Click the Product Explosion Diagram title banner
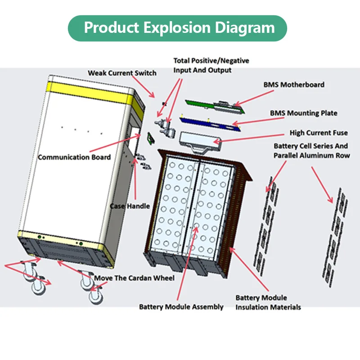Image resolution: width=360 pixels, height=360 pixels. click(177, 28)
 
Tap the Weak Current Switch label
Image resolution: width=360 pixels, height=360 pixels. click(122, 73)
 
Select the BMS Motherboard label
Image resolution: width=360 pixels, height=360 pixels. click(294, 85)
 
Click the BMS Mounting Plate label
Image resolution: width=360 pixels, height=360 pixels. click(303, 113)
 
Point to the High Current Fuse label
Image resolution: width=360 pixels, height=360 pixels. click(319, 133)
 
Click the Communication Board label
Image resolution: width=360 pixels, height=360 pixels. click(74, 157)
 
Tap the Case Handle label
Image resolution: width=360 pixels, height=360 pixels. click(130, 206)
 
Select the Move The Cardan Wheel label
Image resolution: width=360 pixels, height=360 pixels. click(134, 278)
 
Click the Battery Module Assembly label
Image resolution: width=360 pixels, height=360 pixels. click(181, 307)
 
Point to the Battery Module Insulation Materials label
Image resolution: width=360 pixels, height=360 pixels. click(268, 302)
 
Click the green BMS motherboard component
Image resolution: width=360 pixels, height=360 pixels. click(215, 107)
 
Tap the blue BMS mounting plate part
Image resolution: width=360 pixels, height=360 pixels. click(210, 124)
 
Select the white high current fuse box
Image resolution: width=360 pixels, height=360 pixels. click(200, 141)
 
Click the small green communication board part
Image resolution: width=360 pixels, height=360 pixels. click(151, 139)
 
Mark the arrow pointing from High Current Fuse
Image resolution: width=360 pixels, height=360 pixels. click(249, 138)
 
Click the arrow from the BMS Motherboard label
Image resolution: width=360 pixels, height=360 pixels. click(254, 98)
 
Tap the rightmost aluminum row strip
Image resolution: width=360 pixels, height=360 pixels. click(335, 238)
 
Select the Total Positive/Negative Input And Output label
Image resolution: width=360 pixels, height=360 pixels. click(211, 65)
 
